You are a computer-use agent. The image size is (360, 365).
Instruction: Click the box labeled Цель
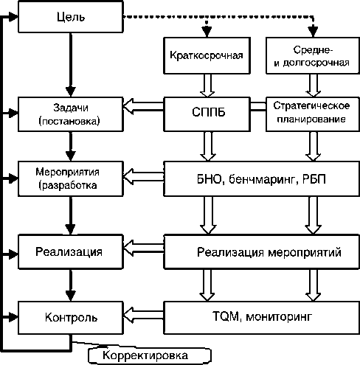(71, 17)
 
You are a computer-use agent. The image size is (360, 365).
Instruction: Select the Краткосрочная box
(207, 55)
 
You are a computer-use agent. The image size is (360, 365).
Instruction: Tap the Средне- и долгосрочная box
(313, 55)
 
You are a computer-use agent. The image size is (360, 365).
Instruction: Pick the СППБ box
(207, 114)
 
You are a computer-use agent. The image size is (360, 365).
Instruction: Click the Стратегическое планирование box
(313, 114)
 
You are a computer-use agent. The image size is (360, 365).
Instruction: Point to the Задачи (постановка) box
(71, 114)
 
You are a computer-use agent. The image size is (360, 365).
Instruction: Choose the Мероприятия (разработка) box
(71, 178)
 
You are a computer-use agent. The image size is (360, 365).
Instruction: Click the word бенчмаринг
(262, 180)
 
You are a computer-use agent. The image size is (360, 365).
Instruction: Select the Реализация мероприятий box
(261, 252)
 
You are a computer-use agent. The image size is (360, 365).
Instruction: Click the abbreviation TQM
(226, 316)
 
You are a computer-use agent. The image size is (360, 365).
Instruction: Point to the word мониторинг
(279, 317)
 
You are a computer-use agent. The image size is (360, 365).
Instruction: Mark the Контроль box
(71, 318)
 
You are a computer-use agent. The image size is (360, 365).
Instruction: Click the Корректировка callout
(150, 355)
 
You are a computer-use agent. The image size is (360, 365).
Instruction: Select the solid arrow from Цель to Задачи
(71, 65)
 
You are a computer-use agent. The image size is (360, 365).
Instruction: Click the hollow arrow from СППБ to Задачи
(143, 106)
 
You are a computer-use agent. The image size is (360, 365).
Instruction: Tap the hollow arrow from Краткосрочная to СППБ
(207, 86)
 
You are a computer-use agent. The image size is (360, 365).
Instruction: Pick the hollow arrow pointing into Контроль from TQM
(143, 315)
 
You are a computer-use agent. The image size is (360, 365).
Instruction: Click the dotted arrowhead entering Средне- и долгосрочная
(313, 32)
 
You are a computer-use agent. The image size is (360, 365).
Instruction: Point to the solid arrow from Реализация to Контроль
(71, 285)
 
